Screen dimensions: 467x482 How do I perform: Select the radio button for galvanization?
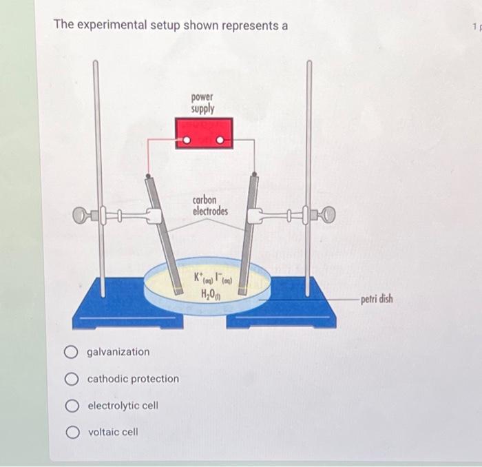pos(72,352)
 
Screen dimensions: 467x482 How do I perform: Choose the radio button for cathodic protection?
pos(72,379)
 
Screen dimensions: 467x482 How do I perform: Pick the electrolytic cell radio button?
pos(72,406)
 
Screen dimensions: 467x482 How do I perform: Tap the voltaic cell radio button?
pos(72,432)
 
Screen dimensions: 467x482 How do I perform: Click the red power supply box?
pos(203,132)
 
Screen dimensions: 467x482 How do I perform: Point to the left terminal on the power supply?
pos(185,142)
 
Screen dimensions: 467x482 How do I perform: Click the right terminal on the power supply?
pos(220,142)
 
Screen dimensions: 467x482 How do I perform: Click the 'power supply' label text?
pos(203,103)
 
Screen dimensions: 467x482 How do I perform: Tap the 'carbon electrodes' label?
pos(210,205)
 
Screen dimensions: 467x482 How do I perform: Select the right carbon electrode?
pos(250,227)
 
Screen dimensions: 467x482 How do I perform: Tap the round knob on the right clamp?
pos(330,216)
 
